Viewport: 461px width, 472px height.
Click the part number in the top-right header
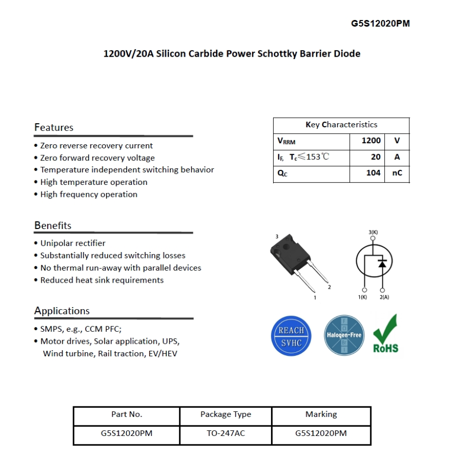tap(380, 24)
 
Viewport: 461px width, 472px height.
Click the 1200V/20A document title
tap(232, 54)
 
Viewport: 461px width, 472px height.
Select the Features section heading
tap(54, 127)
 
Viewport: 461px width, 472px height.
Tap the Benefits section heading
tap(53, 225)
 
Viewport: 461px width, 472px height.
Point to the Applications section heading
tap(62, 311)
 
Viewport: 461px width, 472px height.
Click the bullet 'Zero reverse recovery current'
tap(96, 146)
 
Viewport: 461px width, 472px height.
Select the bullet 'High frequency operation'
tap(89, 194)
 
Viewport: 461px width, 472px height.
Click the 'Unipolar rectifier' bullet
tap(73, 243)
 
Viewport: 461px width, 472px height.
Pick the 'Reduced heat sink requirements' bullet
tap(102, 280)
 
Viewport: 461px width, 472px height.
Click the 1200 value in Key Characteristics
tap(371, 141)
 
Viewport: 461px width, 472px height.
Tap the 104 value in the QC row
tap(373, 173)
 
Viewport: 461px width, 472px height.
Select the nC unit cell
tap(397, 173)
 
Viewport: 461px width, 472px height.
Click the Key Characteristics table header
tap(341, 125)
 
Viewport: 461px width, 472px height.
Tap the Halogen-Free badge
tap(344, 335)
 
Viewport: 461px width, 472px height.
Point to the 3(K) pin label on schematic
tap(373, 232)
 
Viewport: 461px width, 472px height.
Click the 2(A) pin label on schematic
tap(384, 298)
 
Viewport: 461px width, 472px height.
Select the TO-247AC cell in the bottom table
tap(225, 433)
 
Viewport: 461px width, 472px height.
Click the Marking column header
tap(321, 414)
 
